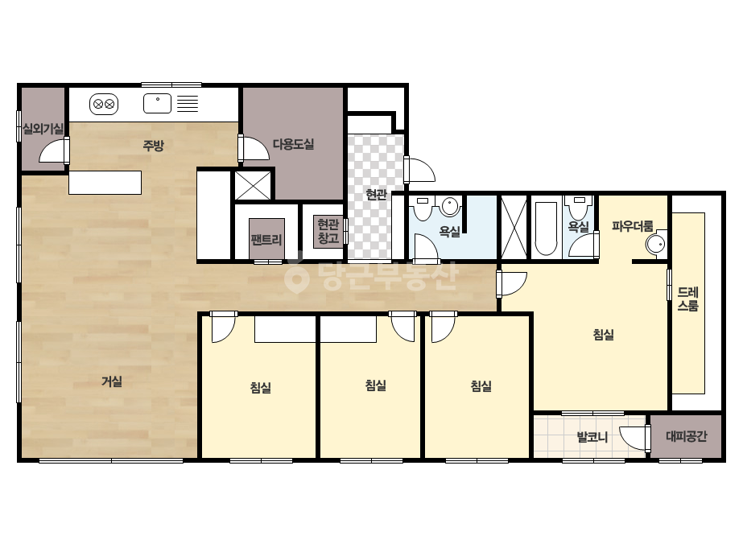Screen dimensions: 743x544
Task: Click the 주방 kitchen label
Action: [153, 146]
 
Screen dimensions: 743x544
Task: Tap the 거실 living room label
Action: [112, 381]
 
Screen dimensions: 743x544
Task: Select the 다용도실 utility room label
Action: [293, 144]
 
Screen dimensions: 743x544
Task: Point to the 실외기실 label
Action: [43, 129]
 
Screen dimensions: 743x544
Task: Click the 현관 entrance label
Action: [376, 194]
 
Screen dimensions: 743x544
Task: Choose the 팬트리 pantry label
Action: [266, 239]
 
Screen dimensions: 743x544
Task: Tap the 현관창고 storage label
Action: [328, 231]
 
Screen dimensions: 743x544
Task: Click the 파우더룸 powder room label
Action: [632, 226]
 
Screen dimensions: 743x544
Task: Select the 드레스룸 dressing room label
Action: [687, 299]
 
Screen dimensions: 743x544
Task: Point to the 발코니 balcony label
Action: [592, 436]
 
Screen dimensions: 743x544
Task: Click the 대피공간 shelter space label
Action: [686, 436]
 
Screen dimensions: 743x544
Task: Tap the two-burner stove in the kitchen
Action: [104, 105]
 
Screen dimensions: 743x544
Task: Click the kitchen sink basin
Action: [157, 103]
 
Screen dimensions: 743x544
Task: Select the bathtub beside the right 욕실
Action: [546, 229]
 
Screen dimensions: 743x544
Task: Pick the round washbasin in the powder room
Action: [655, 245]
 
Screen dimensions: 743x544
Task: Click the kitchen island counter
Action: [105, 183]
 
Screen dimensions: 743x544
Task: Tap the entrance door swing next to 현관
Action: [420, 170]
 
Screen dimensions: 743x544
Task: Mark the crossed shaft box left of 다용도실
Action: [253, 185]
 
